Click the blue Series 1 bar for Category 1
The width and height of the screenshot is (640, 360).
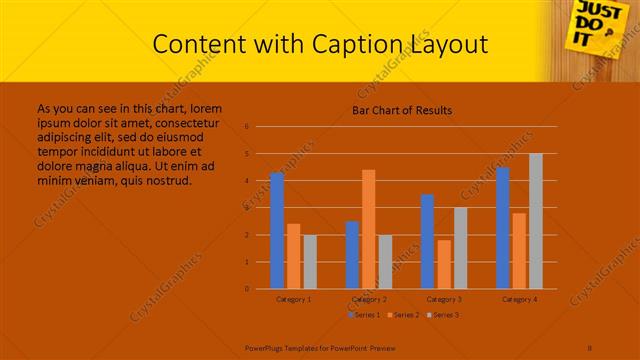[277, 231]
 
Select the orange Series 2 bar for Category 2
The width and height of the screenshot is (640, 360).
[368, 229]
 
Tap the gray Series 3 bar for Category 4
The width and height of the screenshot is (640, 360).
[536, 221]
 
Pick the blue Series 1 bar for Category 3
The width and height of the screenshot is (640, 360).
[427, 241]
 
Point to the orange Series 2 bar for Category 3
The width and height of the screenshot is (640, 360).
[444, 264]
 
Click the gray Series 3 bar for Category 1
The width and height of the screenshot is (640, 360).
[310, 262]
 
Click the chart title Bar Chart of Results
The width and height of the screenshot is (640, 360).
[401, 110]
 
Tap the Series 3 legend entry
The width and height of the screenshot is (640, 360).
[443, 315]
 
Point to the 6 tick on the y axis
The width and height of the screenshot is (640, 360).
[246, 127]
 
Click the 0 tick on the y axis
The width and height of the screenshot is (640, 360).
[246, 289]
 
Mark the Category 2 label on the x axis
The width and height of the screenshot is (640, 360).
[368, 299]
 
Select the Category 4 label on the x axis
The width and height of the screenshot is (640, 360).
[519, 299]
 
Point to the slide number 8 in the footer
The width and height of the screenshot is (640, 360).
[590, 347]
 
